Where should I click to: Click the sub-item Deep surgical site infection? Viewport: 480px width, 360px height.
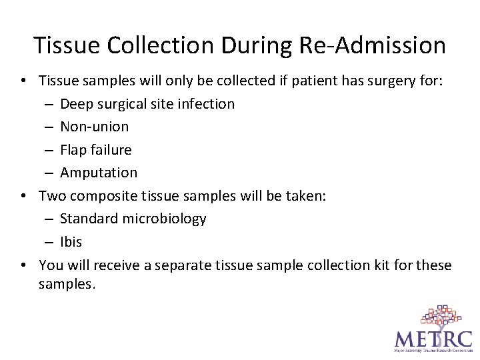point(147,104)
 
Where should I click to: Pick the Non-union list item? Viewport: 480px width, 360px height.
point(94,127)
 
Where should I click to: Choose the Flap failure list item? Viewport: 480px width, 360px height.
point(95,149)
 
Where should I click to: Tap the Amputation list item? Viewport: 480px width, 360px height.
point(99,173)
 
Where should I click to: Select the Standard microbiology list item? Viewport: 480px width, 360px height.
point(133,219)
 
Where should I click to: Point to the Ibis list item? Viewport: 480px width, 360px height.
point(71,242)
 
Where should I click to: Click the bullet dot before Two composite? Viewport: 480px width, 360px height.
point(23,196)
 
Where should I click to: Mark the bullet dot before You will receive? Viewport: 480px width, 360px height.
point(23,265)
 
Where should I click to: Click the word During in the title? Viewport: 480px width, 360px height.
point(248,45)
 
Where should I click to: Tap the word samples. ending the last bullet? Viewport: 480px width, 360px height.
point(67,284)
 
